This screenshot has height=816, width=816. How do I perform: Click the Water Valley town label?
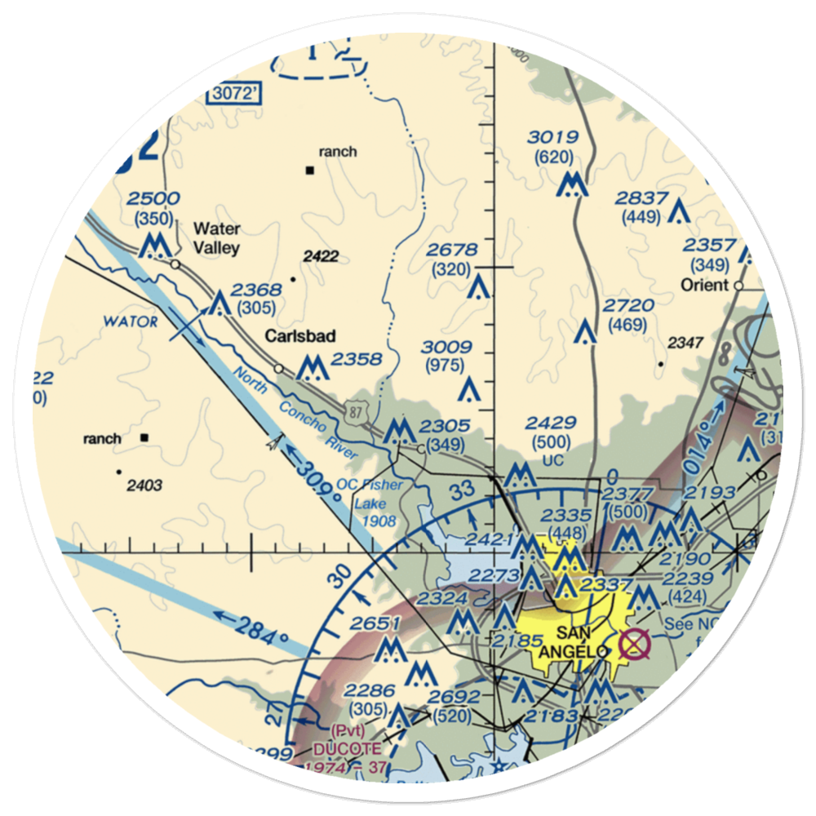click(216, 237)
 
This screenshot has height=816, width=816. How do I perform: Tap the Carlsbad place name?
click(299, 336)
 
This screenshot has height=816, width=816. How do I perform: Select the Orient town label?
click(705, 286)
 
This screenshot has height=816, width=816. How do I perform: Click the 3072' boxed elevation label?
click(234, 94)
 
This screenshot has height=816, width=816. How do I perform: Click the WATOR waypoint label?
click(131, 322)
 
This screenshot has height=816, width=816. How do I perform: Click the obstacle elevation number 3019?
click(552, 137)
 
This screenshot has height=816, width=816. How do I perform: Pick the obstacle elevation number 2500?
click(153, 199)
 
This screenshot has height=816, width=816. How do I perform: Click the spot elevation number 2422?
click(321, 256)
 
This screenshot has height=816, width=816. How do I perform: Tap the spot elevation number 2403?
click(144, 486)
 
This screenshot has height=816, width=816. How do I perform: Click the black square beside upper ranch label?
click(310, 171)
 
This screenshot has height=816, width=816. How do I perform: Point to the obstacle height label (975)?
click(449, 366)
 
